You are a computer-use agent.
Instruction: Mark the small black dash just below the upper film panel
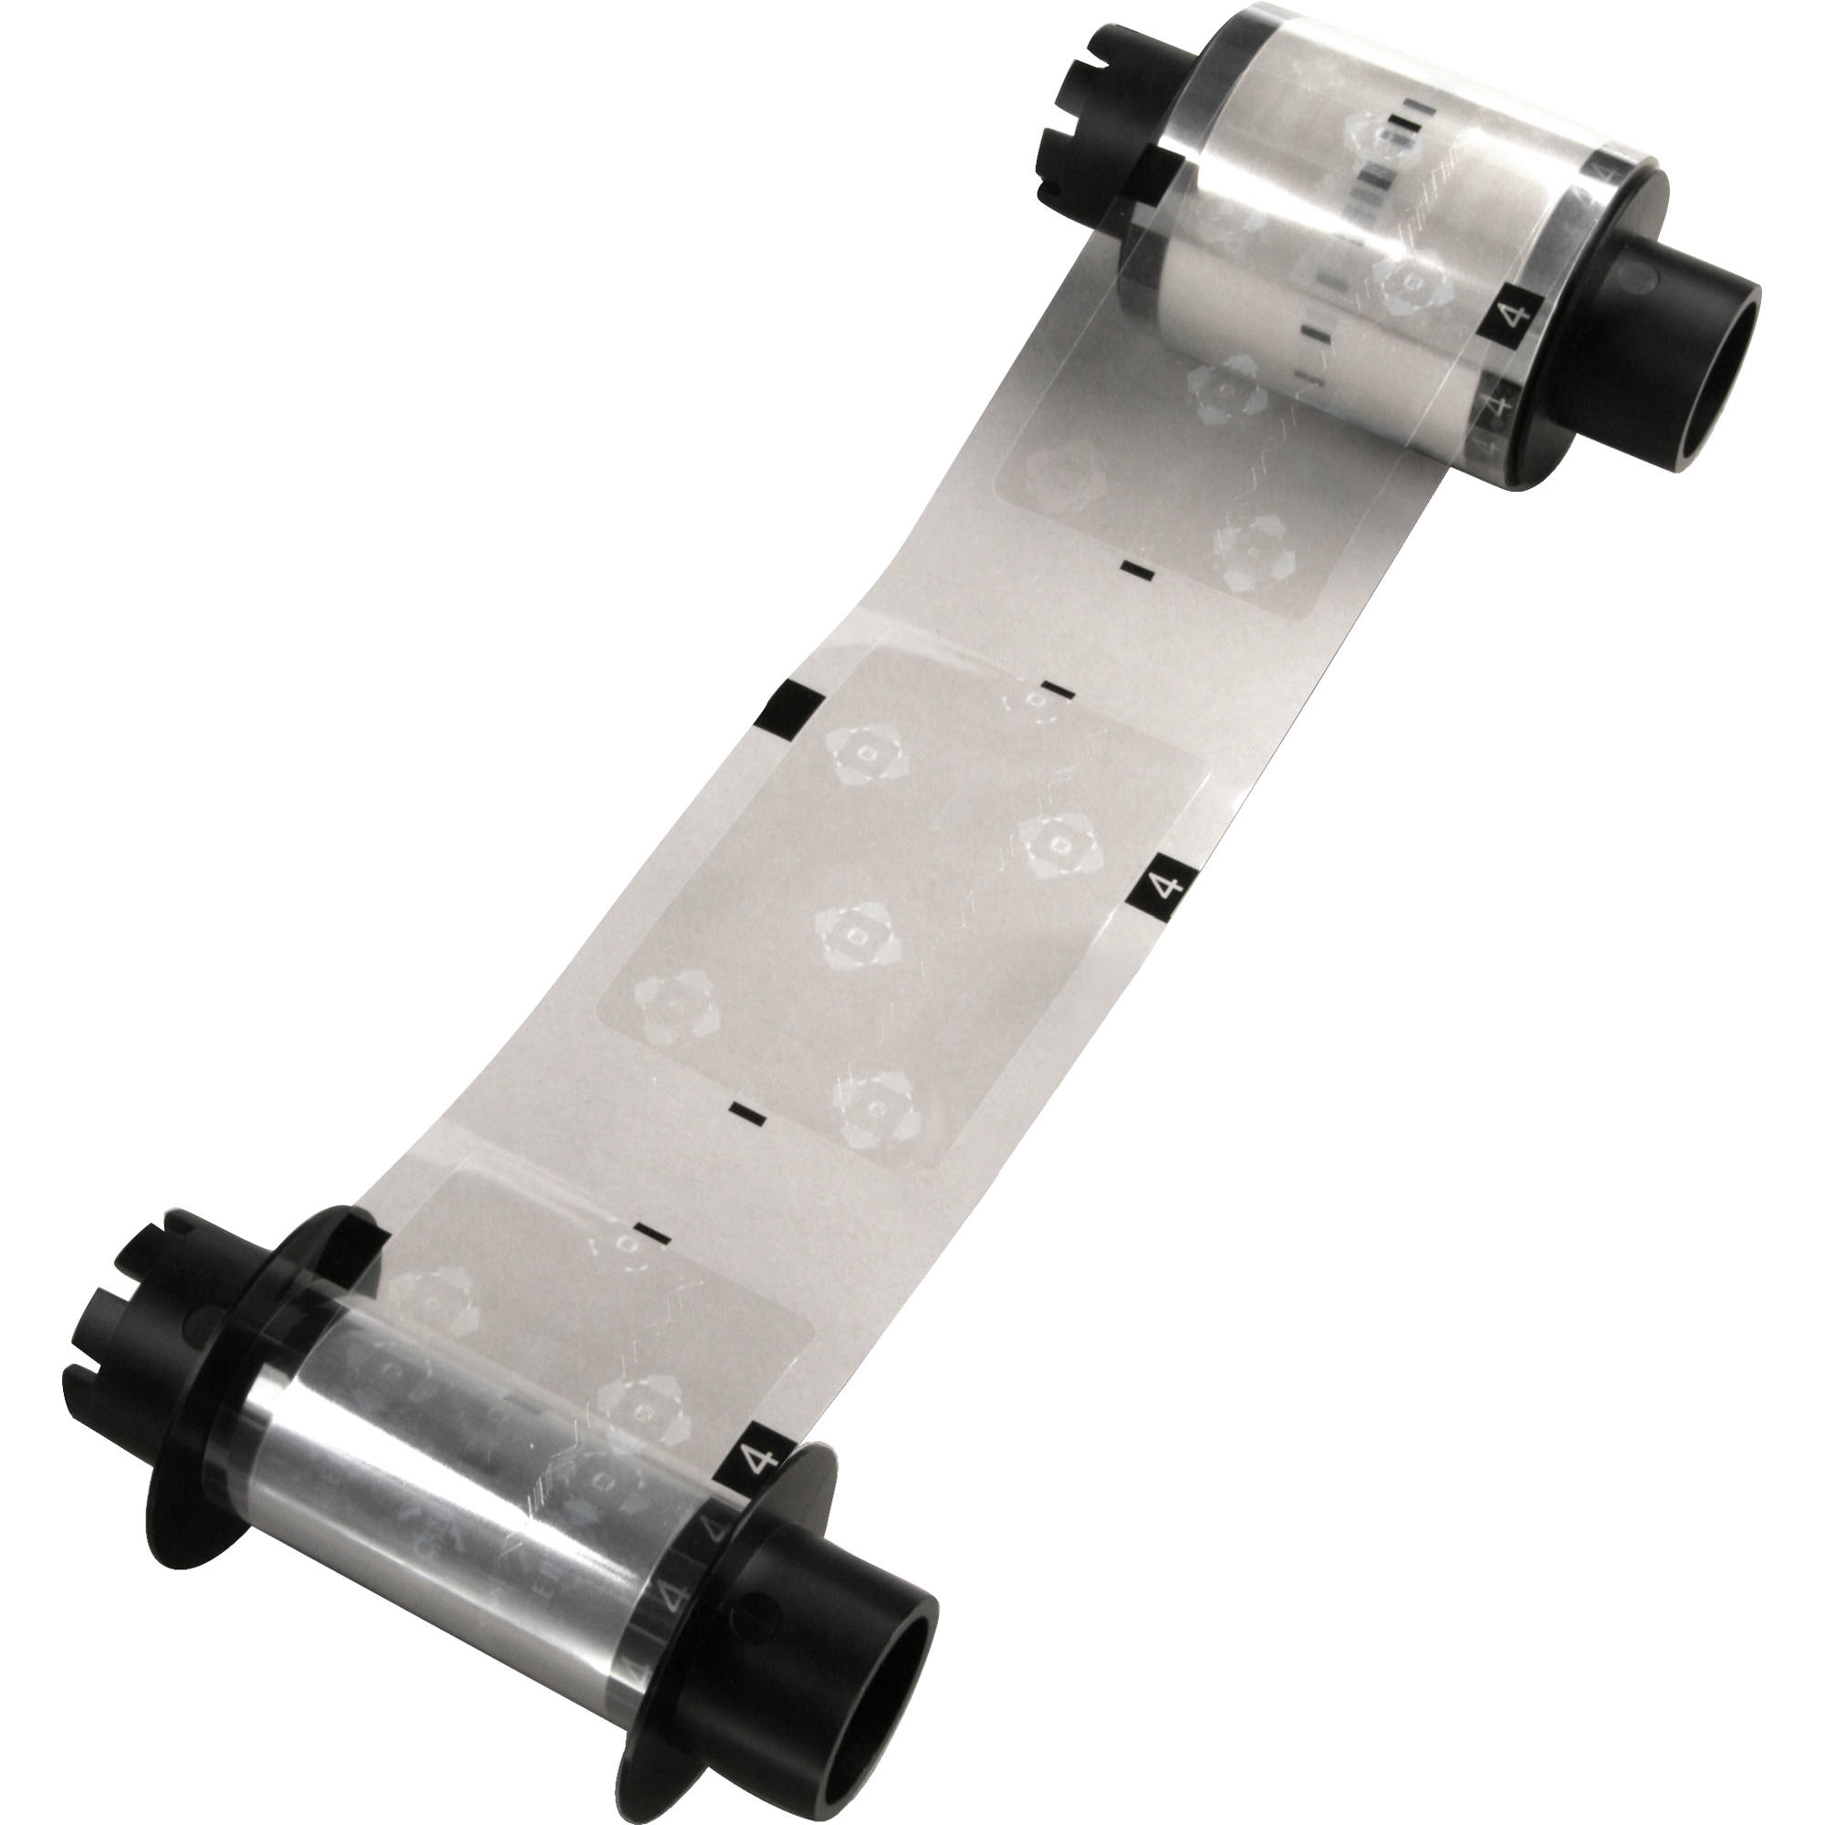(1136, 569)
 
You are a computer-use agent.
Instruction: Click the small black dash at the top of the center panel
(1057, 693)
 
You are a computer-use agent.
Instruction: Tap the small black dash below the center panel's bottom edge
(749, 1115)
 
